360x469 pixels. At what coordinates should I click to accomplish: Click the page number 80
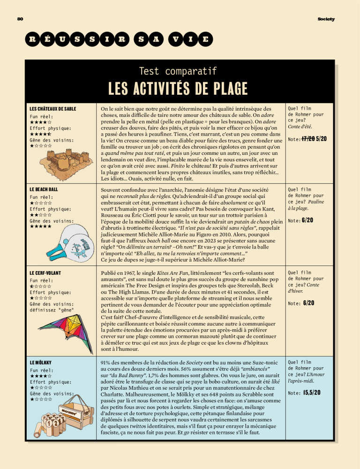pos(20,19)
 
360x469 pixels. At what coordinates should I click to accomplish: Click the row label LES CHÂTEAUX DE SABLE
pos(52,109)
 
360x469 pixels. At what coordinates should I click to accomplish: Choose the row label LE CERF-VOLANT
pos(45,272)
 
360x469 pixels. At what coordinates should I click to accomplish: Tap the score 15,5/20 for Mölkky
pos(312,392)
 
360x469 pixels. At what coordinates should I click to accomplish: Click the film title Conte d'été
pos(300,126)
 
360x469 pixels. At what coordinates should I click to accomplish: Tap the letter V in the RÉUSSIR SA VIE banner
pos(174,39)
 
